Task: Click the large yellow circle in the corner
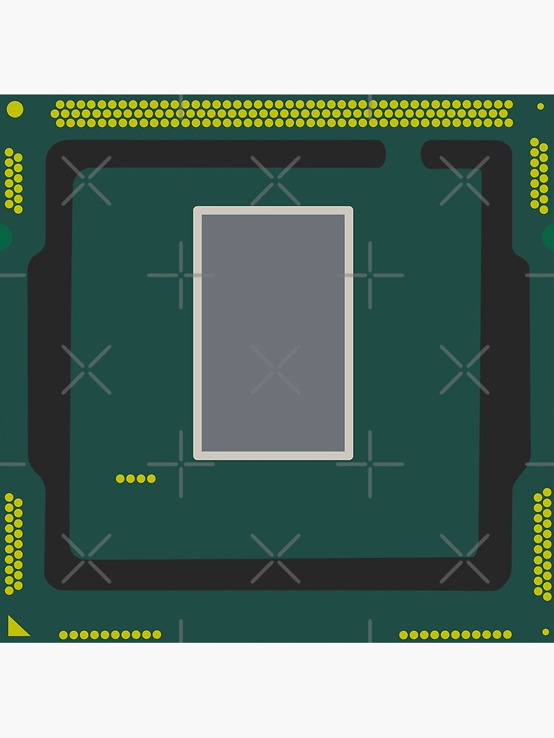click(15, 109)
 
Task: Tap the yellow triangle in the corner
click(16, 628)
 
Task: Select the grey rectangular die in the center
click(273, 333)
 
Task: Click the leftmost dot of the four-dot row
click(120, 479)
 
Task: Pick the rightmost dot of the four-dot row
click(151, 479)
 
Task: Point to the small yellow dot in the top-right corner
click(540, 106)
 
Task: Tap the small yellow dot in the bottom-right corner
click(545, 632)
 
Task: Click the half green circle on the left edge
click(4, 237)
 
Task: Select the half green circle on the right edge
click(549, 237)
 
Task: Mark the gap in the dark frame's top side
click(403, 154)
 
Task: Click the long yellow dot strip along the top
click(282, 114)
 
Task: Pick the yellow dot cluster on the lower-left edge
click(13, 542)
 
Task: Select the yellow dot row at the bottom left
click(110, 635)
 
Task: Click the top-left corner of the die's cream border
click(196, 210)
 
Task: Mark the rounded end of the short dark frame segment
click(426, 154)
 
